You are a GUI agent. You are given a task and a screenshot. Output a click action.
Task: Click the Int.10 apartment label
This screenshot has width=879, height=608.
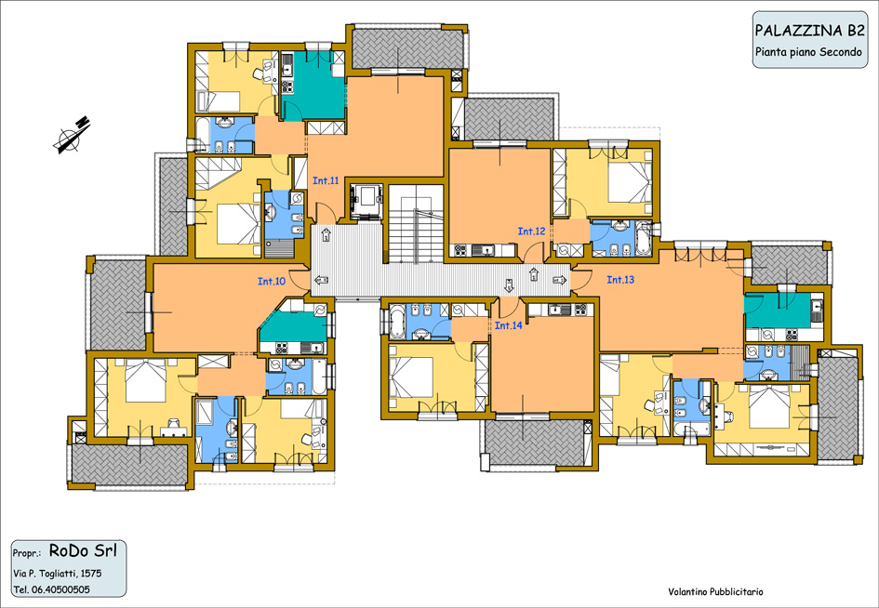pos(272,282)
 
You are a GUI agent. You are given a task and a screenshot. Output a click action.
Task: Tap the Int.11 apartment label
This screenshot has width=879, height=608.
pos(326,181)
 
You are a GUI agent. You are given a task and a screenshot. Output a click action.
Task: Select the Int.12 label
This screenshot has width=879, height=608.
pos(531,231)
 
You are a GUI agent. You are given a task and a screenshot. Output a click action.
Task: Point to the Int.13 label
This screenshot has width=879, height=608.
pos(620,280)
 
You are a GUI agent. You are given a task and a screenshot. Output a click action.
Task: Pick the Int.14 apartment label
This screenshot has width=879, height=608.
pos(509,325)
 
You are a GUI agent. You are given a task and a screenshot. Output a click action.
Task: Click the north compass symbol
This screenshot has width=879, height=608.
pos(72,135)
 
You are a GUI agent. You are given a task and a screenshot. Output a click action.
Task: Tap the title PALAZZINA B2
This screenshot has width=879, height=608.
pos(810,31)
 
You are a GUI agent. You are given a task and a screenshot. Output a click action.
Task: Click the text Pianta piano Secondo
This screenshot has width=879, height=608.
pos(807,52)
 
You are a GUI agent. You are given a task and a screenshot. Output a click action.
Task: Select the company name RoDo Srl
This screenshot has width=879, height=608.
pos(83,551)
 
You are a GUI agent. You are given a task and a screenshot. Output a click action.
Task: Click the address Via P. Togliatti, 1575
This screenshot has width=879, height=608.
pos(57,574)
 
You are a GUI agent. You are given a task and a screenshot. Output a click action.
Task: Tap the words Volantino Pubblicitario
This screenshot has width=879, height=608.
pos(715,592)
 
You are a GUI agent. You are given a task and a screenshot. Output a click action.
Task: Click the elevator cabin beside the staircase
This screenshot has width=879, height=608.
pos(366,202)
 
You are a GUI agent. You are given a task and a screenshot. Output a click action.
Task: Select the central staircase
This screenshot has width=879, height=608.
pos(416,224)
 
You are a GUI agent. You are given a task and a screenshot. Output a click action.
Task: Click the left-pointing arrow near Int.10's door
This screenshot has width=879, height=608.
pos(322,280)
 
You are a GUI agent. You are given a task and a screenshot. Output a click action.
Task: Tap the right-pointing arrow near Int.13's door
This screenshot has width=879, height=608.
pos(559,280)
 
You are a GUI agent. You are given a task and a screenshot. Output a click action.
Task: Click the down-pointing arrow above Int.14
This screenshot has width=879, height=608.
pos(509,284)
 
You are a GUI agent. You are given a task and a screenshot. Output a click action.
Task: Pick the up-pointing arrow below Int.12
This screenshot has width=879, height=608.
pos(534,274)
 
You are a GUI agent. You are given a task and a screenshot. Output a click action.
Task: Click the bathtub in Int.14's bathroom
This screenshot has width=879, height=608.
pos(395,321)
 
